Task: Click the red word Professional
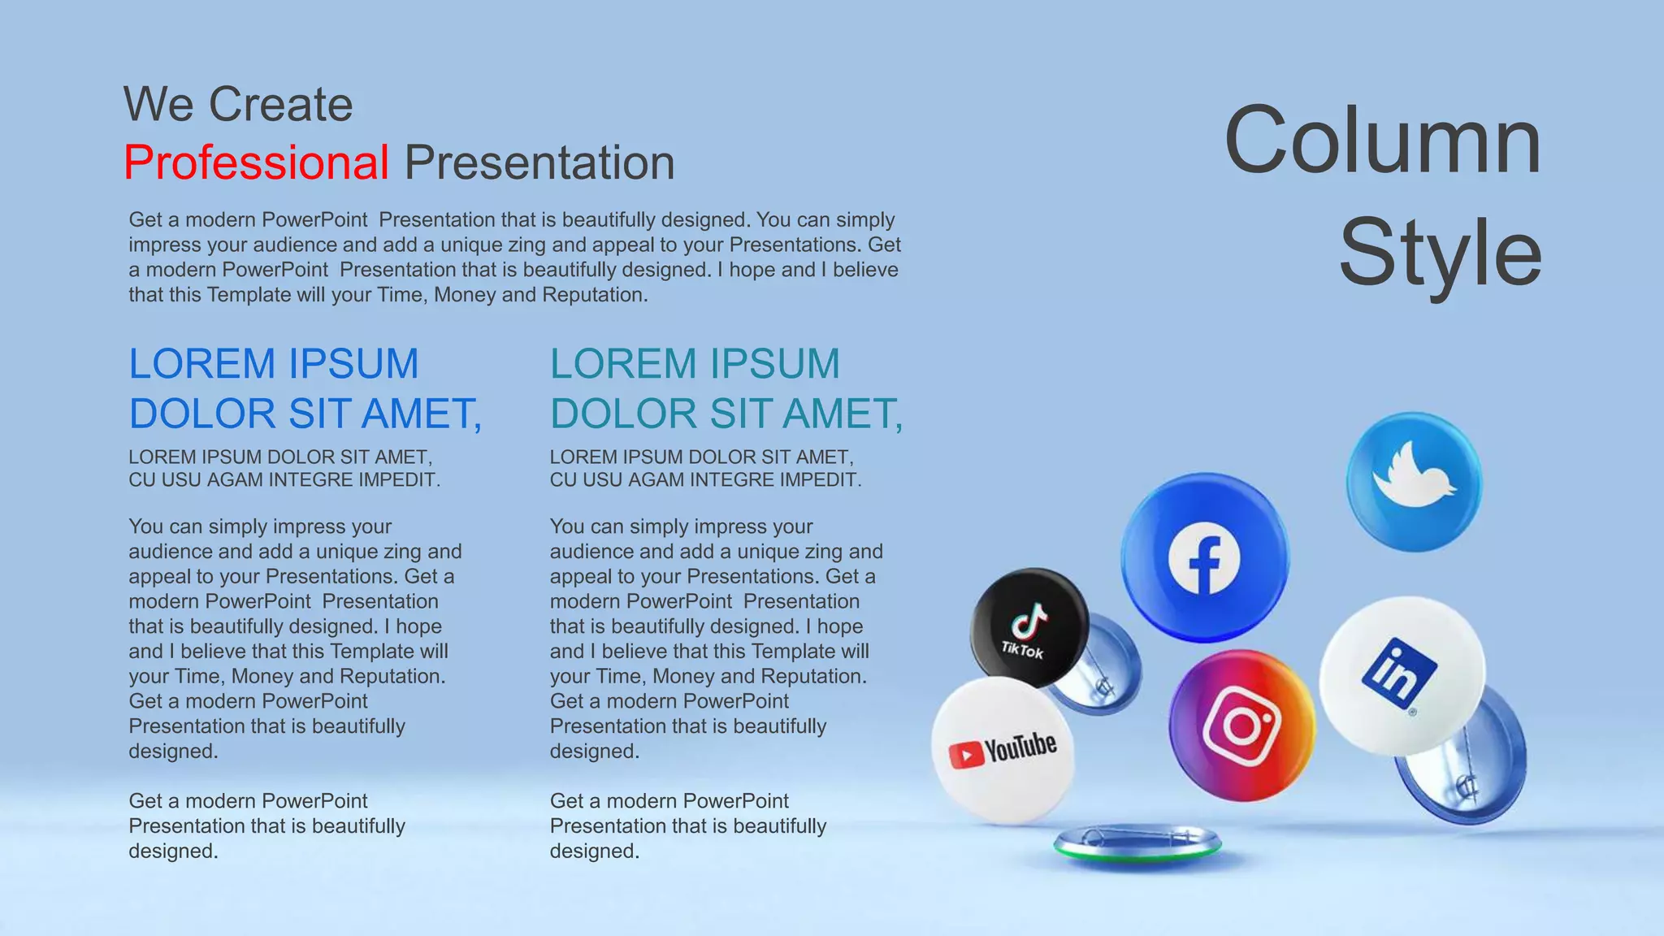pyautogui.click(x=256, y=162)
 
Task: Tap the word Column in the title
pyautogui.click(x=1382, y=141)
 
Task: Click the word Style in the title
pyautogui.click(x=1440, y=253)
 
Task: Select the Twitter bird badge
pyautogui.click(x=1414, y=482)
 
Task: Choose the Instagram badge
pyautogui.click(x=1241, y=726)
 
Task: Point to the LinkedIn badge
pyautogui.click(x=1402, y=674)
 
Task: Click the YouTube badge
pyautogui.click(x=1003, y=750)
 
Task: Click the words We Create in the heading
pyautogui.click(x=238, y=105)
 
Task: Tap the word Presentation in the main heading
pyautogui.click(x=539, y=162)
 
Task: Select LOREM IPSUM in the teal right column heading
pyautogui.click(x=695, y=363)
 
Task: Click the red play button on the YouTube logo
pyautogui.click(x=965, y=756)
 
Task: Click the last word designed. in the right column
pyautogui.click(x=594, y=851)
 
